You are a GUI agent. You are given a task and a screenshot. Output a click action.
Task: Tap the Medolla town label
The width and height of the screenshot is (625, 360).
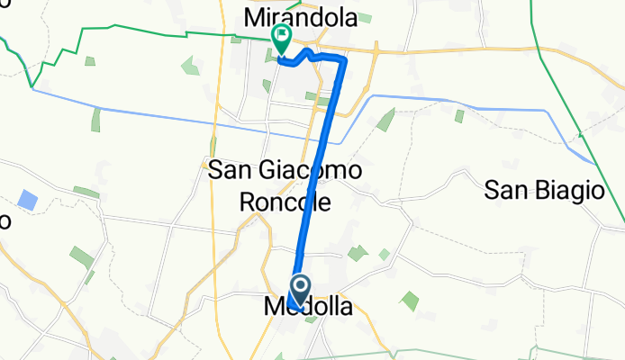pyautogui.click(x=309, y=307)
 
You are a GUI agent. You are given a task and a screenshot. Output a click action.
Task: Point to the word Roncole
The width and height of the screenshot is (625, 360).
pyautogui.click(x=285, y=202)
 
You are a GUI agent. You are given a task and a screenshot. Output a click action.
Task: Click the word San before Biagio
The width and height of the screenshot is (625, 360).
pyautogui.click(x=504, y=190)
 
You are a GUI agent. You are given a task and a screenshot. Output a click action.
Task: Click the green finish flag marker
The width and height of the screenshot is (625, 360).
pyautogui.click(x=281, y=38)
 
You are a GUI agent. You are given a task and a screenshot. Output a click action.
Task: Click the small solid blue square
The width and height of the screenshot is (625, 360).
pyautogui.click(x=28, y=200)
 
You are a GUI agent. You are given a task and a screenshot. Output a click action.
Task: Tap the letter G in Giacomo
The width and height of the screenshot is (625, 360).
pyautogui.click(x=265, y=169)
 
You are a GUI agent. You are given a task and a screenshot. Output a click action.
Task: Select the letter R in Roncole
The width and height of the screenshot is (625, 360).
pyautogui.click(x=249, y=202)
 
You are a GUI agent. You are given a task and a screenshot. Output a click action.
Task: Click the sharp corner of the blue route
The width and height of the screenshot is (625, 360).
pyautogui.click(x=345, y=58)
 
